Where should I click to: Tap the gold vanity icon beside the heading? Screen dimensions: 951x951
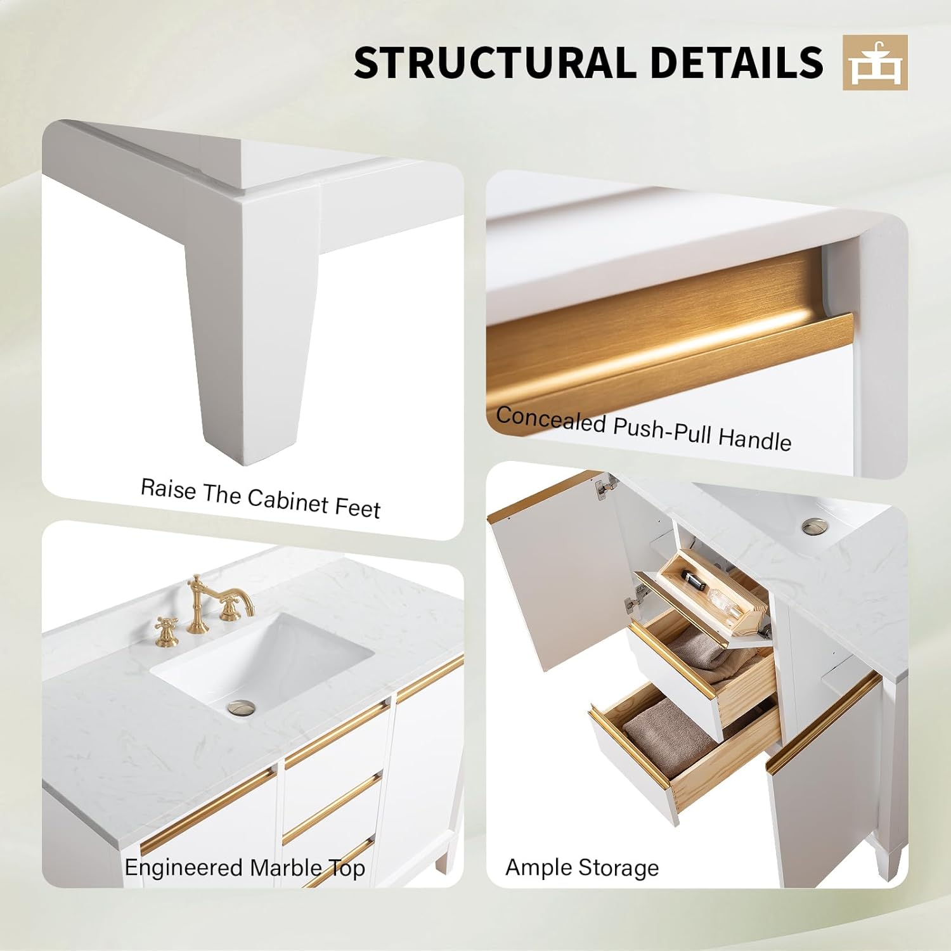pyautogui.click(x=875, y=62)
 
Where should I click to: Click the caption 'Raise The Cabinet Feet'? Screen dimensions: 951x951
pyautogui.click(x=260, y=498)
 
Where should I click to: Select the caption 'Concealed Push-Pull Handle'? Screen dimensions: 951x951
pyautogui.click(x=644, y=428)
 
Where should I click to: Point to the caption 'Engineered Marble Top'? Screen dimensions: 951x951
pyautogui.click(x=245, y=867)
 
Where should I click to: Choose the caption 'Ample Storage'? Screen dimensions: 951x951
pyautogui.click(x=582, y=867)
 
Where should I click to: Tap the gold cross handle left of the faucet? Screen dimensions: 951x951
pyautogui.click(x=167, y=631)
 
